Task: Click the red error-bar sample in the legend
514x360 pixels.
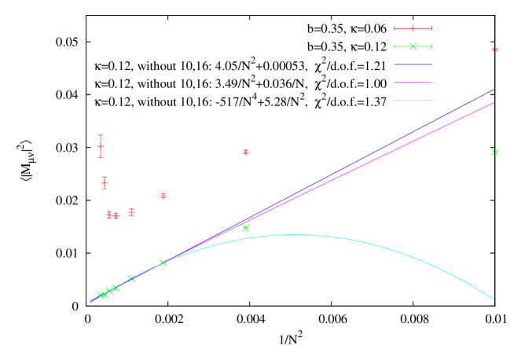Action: tap(413, 28)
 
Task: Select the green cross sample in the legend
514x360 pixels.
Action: tap(413, 46)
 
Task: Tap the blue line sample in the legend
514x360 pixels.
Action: tap(413, 64)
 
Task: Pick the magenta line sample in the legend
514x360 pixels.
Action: tap(413, 82)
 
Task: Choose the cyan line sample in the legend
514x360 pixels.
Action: tap(413, 101)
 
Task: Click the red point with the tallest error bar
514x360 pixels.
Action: tap(101, 146)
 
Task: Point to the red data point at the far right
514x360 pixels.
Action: tap(494, 50)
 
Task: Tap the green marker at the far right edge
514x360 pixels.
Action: tap(494, 152)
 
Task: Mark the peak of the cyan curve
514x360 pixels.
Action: tap(296, 234)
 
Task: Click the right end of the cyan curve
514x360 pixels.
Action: tap(494, 299)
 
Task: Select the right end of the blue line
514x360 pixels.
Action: tap(494, 90)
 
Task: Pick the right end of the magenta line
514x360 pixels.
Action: tap(494, 103)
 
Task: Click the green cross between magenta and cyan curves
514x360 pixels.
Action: tap(246, 228)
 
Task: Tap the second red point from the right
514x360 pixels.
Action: tap(246, 152)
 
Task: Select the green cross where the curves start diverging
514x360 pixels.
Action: tap(163, 263)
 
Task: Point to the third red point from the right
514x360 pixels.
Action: tap(163, 195)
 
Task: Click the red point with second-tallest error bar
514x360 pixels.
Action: tap(105, 182)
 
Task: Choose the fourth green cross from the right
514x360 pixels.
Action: tap(131, 278)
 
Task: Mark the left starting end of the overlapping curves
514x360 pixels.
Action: tap(90, 303)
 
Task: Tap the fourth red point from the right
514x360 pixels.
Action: tap(131, 212)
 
